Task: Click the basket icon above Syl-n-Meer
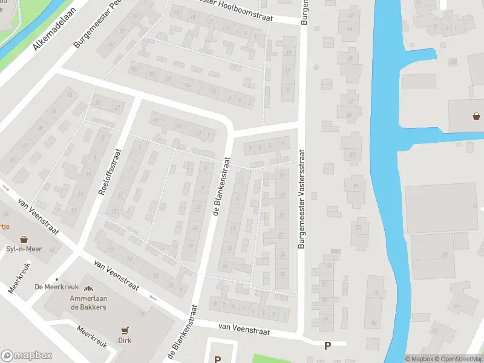coord(24,240)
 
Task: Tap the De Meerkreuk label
coord(53,286)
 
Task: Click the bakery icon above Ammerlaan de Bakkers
coord(88,290)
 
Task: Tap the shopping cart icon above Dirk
coord(125,330)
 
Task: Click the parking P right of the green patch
coord(328,346)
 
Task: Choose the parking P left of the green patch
coord(217,359)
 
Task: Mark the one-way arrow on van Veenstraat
coord(151,297)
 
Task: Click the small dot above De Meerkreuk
coord(57,279)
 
